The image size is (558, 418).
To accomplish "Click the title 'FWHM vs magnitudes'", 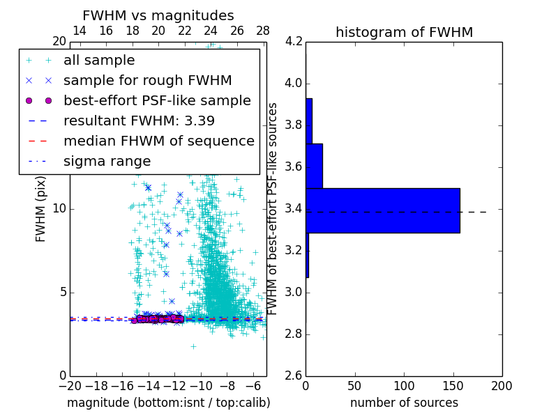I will pos(158,15).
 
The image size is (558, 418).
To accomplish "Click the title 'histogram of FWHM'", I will pos(404,32).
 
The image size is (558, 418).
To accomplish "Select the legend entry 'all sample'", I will pos(99,61).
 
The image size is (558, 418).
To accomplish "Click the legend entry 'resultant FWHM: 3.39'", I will pos(139,121).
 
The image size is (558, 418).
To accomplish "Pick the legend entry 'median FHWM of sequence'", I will pos(158,141).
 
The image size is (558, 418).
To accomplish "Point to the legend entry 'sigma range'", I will pos(107,161).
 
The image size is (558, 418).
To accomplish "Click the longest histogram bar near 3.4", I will pos(382,210).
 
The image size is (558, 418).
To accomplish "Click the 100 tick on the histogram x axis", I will pos(404,385).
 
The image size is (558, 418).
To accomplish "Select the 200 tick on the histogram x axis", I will pos(502,385).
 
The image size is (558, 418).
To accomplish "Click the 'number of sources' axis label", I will pos(404,403).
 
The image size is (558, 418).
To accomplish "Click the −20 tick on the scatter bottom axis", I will pos(70,385).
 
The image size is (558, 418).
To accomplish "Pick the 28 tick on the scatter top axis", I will pos(263,31).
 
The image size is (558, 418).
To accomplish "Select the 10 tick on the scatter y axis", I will pos(59,208).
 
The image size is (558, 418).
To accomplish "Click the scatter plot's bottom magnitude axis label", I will pos(168,403).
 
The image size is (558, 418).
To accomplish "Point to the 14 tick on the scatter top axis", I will pos(80,31).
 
